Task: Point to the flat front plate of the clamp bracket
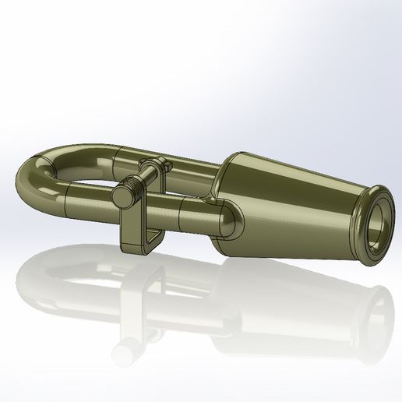click(132, 226)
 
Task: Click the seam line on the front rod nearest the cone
click(181, 209)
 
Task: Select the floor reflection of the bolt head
click(124, 350)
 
